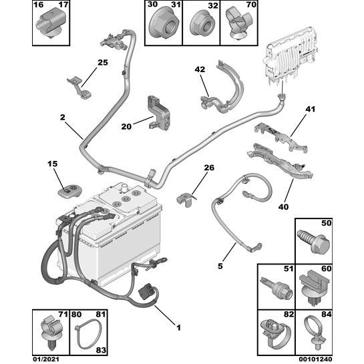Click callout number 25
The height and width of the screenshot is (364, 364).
coord(103,63)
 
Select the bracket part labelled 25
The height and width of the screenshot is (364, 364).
coord(79,87)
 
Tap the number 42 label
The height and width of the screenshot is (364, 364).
coord(200,69)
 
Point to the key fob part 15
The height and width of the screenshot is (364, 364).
coord(69,192)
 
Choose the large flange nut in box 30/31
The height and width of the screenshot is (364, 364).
coord(164,25)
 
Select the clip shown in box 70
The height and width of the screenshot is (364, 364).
coord(239,23)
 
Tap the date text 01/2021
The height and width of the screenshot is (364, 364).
coord(45,359)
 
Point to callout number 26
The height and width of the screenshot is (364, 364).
coord(209,168)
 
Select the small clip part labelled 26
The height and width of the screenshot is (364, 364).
coord(186,199)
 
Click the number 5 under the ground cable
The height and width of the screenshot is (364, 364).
coord(220,266)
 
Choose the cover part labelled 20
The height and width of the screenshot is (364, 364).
coord(158,113)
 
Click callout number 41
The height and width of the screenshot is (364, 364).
coord(311,109)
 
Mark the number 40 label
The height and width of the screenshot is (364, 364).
coord(283,206)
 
